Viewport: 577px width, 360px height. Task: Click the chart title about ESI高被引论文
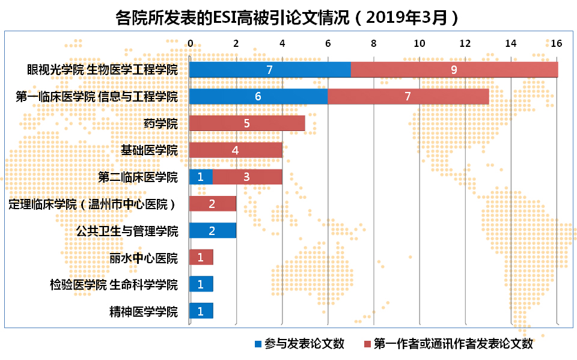coord(288,16)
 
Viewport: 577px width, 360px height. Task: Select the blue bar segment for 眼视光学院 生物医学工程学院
coord(270,69)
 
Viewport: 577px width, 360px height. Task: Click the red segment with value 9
coord(454,69)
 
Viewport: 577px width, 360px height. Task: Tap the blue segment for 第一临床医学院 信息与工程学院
coord(258,96)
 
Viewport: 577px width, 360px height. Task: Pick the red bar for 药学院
coord(247,123)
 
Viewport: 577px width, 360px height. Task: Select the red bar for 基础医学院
coord(236,150)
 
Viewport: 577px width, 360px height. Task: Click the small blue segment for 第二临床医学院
coord(201,177)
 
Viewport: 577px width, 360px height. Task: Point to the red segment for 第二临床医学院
coord(247,177)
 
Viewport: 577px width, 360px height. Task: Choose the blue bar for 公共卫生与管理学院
coord(213,230)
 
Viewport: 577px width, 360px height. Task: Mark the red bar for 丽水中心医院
coord(201,257)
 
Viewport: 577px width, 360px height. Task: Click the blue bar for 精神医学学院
coord(201,311)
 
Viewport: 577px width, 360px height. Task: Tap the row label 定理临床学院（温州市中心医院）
coord(93,204)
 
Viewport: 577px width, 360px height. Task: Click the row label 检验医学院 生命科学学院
coord(114,284)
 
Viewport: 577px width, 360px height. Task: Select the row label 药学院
coord(161,124)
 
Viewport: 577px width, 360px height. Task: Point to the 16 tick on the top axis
coord(557,43)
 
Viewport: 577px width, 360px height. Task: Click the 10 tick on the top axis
coord(419,43)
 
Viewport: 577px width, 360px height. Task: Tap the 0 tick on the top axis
coord(190,43)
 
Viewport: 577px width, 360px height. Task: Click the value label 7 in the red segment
coord(408,96)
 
